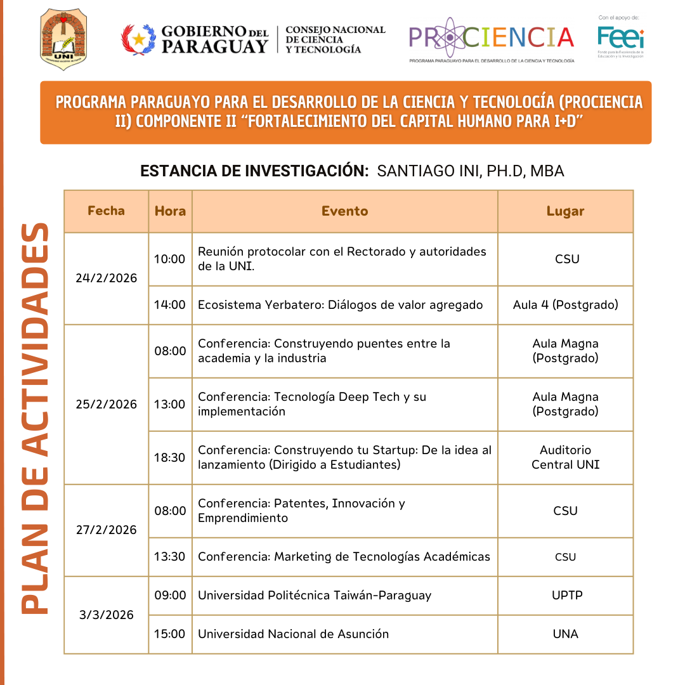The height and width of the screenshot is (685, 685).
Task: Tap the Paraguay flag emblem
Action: point(138,39)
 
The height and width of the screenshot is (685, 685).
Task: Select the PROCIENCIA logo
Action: point(492,39)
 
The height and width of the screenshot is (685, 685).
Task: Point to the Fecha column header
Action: point(106,211)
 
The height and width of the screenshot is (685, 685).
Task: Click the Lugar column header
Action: point(565,211)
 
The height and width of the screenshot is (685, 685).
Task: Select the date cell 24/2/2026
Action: point(106,278)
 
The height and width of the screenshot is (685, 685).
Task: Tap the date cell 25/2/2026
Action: point(106,404)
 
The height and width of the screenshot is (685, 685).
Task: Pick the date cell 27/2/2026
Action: point(106,530)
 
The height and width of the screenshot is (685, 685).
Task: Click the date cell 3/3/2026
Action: point(106,614)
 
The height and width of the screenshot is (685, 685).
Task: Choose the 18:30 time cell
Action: point(170,457)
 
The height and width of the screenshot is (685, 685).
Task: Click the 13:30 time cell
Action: point(170,556)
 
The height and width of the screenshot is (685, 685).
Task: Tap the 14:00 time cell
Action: point(170,304)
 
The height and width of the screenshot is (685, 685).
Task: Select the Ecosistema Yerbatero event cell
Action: point(340,304)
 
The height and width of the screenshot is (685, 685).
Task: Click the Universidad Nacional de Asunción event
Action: point(293,634)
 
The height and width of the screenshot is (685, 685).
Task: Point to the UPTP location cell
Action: point(565,595)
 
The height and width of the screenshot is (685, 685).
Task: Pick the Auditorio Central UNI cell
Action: point(565,457)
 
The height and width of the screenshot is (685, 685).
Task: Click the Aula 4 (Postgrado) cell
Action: point(565,304)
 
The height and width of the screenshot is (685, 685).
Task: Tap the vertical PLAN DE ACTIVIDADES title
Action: point(36,419)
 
